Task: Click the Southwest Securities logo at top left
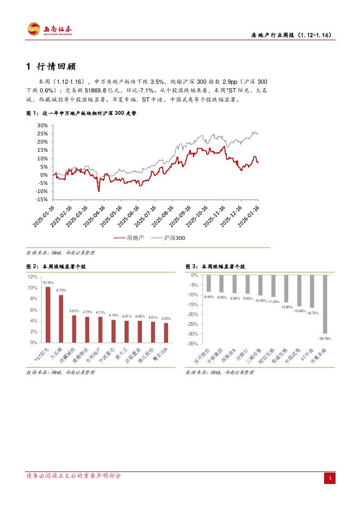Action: click(x=51, y=30)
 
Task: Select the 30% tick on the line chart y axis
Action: click(x=42, y=125)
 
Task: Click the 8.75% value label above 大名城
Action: click(x=61, y=290)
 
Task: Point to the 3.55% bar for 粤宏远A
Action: click(x=166, y=333)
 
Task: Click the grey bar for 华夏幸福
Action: click(x=325, y=304)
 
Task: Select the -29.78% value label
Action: click(x=325, y=338)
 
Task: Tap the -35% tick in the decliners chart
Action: click(x=193, y=344)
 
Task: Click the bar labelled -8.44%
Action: click(x=208, y=283)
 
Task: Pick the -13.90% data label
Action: click(x=286, y=307)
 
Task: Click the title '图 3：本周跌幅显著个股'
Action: click(x=215, y=267)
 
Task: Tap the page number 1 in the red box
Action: click(x=330, y=478)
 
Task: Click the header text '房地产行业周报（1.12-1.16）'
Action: click(x=291, y=35)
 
